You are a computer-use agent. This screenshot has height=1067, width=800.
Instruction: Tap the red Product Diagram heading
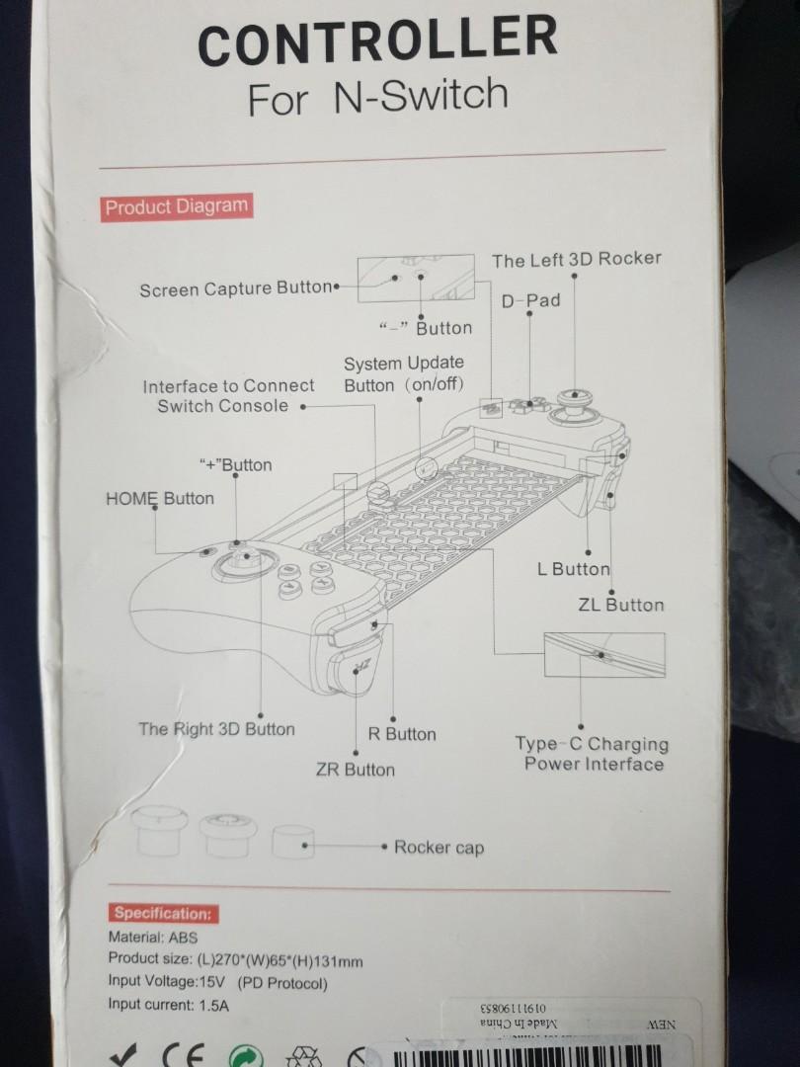coord(176,206)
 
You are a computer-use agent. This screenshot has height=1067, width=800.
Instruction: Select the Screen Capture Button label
coord(236,289)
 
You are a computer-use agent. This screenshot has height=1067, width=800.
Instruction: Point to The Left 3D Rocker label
coord(577,260)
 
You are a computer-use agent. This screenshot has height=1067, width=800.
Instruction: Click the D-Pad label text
coord(530,300)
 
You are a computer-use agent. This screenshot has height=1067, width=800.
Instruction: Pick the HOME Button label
coord(159,499)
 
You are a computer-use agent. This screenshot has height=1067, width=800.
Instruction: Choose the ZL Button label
coord(621,605)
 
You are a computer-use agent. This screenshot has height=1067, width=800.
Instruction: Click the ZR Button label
coord(356,770)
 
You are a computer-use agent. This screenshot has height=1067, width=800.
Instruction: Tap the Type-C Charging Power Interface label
coord(592,754)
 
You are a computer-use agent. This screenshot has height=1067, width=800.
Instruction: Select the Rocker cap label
coord(439,848)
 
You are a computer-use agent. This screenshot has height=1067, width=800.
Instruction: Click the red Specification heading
coord(162,914)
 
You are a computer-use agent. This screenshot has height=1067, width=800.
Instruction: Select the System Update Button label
coord(403,374)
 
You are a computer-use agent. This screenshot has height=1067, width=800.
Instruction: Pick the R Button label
coord(402,734)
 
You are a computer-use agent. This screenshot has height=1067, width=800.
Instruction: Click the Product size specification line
coord(235,960)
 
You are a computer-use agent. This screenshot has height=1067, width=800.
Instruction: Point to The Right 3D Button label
coord(216,729)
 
